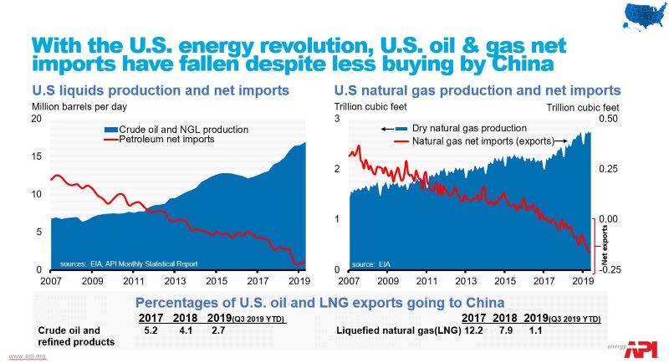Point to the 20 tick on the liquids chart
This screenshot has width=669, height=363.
click(x=36, y=119)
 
